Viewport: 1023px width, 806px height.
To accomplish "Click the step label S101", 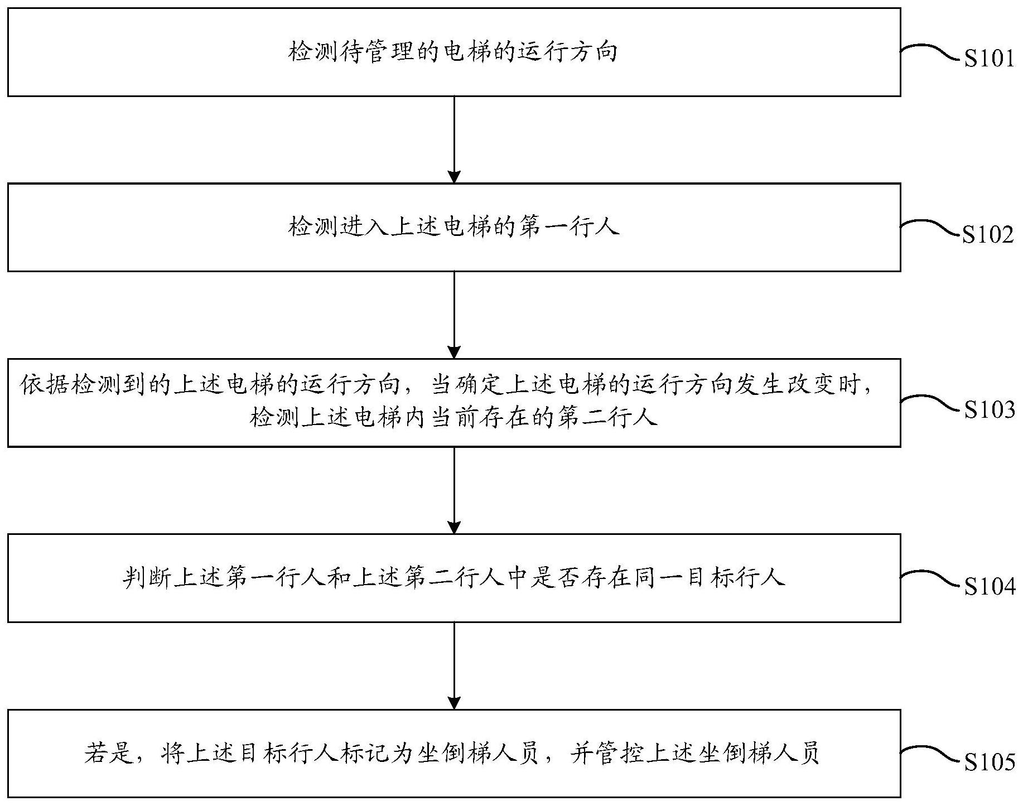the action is pos(990,59).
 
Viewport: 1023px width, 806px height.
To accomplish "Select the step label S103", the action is pos(990,410).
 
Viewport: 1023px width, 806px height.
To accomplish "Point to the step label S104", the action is pos(990,586).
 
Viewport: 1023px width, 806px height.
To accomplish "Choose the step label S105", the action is pos(990,762).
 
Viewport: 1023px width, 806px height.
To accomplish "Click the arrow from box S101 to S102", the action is pos(455,139).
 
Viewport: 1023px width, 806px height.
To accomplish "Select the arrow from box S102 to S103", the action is pos(455,315).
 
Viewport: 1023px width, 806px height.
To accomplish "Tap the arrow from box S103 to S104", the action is pos(455,490).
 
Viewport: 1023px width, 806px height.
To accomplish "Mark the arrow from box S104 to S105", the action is pos(455,666).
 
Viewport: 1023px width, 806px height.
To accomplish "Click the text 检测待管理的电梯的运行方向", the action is pos(453,52).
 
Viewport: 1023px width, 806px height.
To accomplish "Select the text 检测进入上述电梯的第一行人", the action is pos(454,227).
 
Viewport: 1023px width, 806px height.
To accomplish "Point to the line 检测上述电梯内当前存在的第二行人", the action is pos(454,418).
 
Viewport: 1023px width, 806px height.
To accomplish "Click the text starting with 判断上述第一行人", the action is pos(454,578).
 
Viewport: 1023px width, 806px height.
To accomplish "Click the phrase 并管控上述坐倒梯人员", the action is pos(696,754).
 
